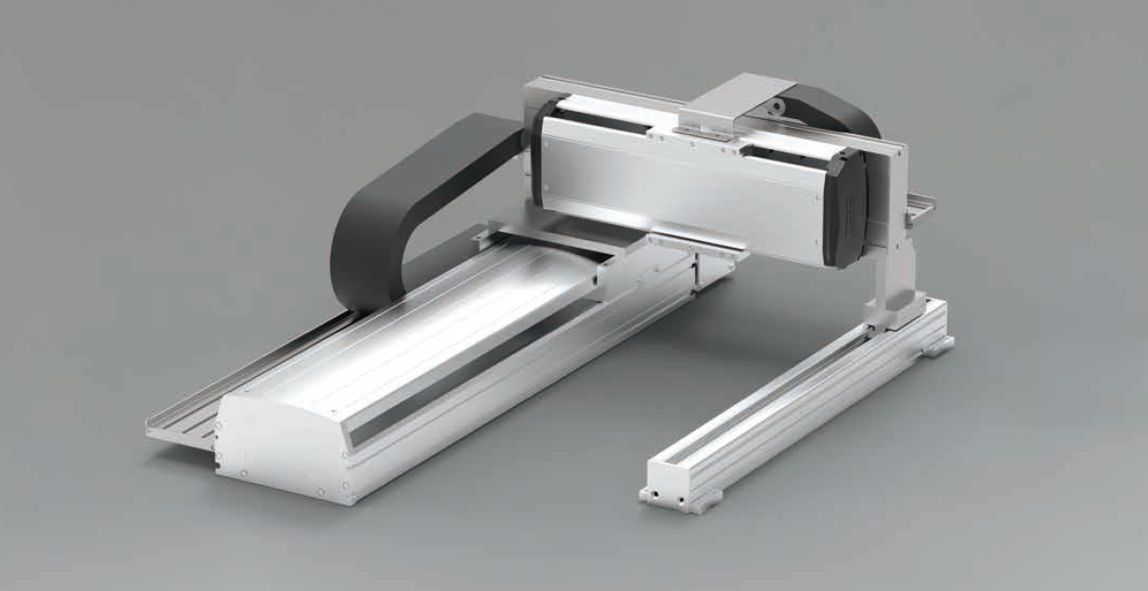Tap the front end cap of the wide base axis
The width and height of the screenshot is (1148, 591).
[x=281, y=441]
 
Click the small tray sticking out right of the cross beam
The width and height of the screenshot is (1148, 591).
[x=923, y=202]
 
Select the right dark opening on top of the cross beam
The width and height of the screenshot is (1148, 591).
[x=787, y=150]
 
